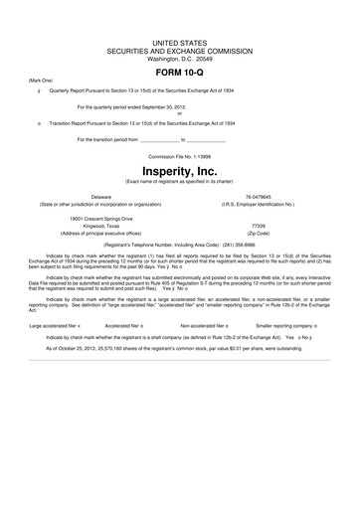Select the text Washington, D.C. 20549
(179, 59)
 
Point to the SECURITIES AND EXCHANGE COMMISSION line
(179, 51)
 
